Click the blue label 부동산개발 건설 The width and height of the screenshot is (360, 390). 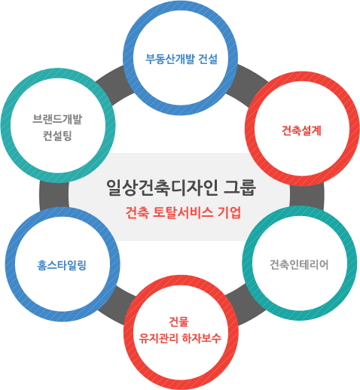(182, 59)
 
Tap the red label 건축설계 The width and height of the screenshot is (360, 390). (301, 130)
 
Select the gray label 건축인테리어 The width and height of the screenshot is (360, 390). (299, 264)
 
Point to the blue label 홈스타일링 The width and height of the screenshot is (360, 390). (62, 265)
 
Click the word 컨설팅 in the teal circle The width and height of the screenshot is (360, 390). (57, 136)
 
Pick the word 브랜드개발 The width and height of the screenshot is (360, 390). (57, 119)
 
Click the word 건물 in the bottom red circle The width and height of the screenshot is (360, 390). (178, 321)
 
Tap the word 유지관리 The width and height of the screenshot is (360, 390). (159, 338)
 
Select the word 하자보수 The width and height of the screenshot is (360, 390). (202, 338)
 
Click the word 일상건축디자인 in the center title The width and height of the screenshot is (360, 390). (162, 187)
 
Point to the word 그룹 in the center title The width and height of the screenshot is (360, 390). (240, 187)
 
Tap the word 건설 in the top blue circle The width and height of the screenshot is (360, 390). (208, 59)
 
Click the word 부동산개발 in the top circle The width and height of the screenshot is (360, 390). (170, 59)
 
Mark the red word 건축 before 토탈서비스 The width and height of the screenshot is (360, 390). (137, 213)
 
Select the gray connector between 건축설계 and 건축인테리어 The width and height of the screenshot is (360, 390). (307, 195)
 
